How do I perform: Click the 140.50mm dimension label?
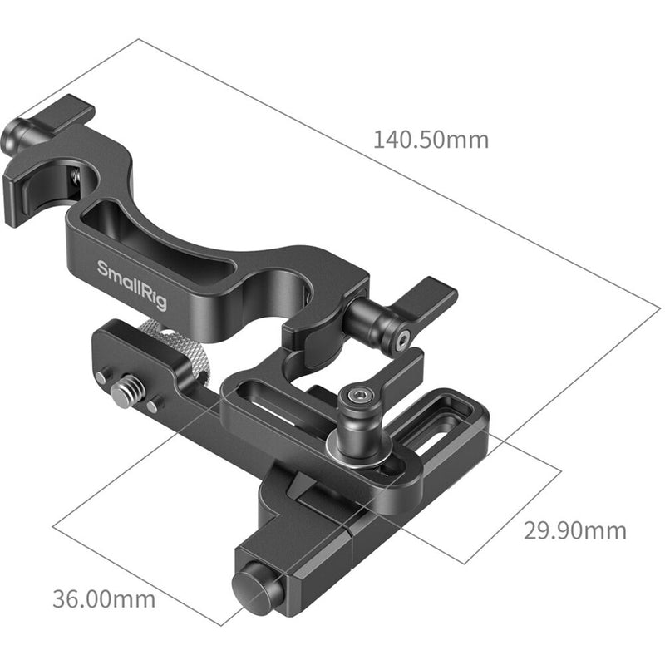coord(430,139)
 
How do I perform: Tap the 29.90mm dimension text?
coord(574,530)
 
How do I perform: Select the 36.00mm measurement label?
coord(104,597)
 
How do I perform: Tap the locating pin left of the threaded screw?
coord(101,379)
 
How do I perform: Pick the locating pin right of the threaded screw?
coord(153,406)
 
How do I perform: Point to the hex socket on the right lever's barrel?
coord(402,339)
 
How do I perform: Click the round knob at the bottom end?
coord(256,587)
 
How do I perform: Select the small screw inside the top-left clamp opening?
coord(75,175)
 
